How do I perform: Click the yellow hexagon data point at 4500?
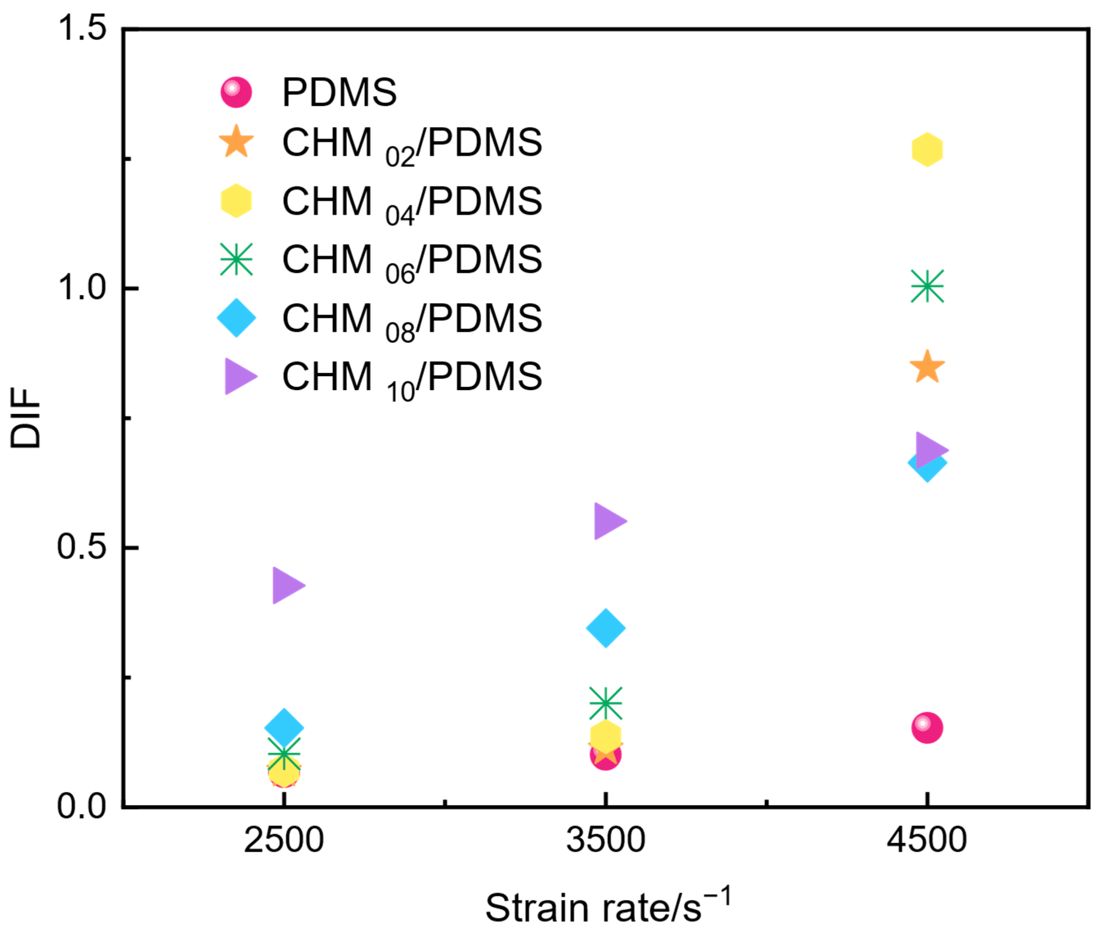926,150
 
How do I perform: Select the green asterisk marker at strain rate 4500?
926,285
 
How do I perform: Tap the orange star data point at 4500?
926,367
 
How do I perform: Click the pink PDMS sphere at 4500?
926,727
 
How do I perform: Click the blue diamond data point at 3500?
605,628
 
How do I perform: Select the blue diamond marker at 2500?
284,726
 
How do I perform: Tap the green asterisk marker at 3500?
605,702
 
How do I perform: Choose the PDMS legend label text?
339,92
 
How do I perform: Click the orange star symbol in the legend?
236,142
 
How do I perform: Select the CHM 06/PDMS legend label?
412,260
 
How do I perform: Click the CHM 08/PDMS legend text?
412,319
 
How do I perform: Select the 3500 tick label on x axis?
605,840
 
